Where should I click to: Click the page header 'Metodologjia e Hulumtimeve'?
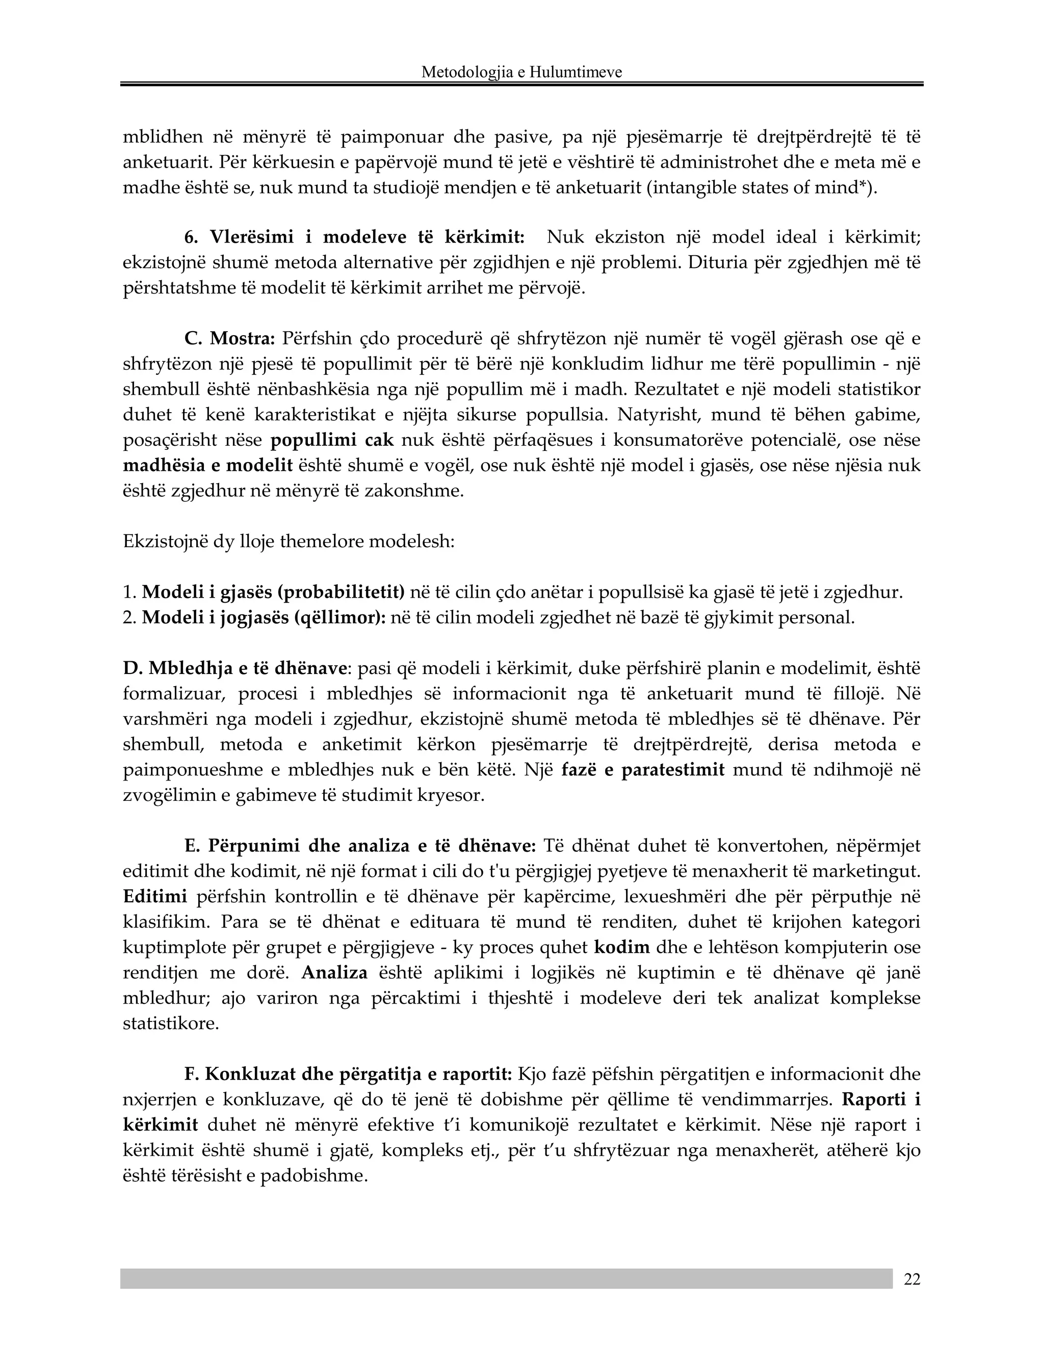[x=521, y=72]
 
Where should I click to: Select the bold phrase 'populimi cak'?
[x=332, y=440]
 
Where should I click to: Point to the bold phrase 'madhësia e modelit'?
[x=208, y=466]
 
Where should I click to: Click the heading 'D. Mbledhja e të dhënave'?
[x=234, y=668]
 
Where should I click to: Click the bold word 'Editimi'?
[x=154, y=896]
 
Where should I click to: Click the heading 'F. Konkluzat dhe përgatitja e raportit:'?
[x=348, y=1074]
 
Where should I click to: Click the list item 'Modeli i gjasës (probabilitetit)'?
[x=273, y=592]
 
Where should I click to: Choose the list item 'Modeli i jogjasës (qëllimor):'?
[x=264, y=617]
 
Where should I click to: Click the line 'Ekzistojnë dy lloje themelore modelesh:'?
[x=289, y=542]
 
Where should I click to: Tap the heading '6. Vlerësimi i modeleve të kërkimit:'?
[x=354, y=237]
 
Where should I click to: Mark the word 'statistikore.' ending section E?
[x=171, y=1023]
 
